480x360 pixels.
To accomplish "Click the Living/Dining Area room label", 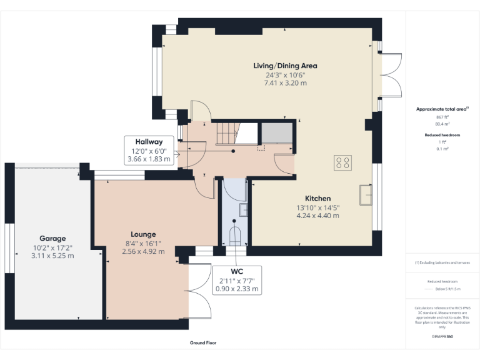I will tap(285, 66).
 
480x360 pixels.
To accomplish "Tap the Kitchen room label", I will tap(317, 199).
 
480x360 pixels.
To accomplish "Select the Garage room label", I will tap(52, 239).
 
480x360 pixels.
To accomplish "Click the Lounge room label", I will tap(144, 234).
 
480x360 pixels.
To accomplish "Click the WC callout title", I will tap(236, 272).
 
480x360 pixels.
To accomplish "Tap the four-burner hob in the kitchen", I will tap(342, 162).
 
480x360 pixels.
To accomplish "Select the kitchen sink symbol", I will tap(364, 195).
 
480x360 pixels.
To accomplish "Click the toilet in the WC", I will tap(236, 236).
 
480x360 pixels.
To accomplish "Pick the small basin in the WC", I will tap(243, 209).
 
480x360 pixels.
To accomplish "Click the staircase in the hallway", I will tap(226, 133).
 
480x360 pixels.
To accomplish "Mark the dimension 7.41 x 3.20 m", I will tap(285, 82).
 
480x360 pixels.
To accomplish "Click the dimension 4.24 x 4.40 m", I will tap(317, 216).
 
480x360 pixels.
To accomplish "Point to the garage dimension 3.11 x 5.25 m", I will tap(52, 256).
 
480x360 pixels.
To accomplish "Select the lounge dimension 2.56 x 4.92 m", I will tap(144, 251).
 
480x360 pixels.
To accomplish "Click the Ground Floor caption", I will tap(203, 342).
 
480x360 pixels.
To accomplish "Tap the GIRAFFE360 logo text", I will tap(442, 336).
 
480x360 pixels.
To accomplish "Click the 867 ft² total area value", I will tap(442, 117).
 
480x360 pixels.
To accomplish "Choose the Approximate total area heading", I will tap(441, 109).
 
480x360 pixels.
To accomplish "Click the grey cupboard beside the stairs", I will tap(276, 134).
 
